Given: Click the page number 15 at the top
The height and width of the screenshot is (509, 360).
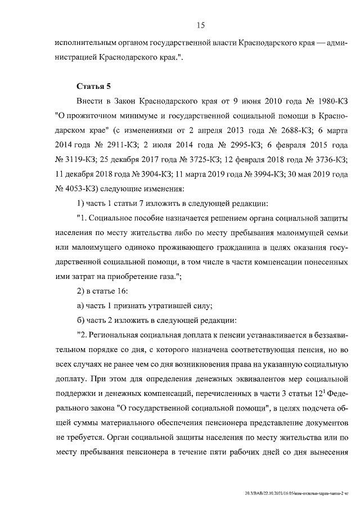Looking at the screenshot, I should click(200, 25).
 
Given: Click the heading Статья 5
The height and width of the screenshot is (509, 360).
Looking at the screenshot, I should click(94, 86).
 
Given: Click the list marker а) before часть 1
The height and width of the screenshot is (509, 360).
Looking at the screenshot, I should click(80, 306).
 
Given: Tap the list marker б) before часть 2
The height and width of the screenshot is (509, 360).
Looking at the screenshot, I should click(80, 321).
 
